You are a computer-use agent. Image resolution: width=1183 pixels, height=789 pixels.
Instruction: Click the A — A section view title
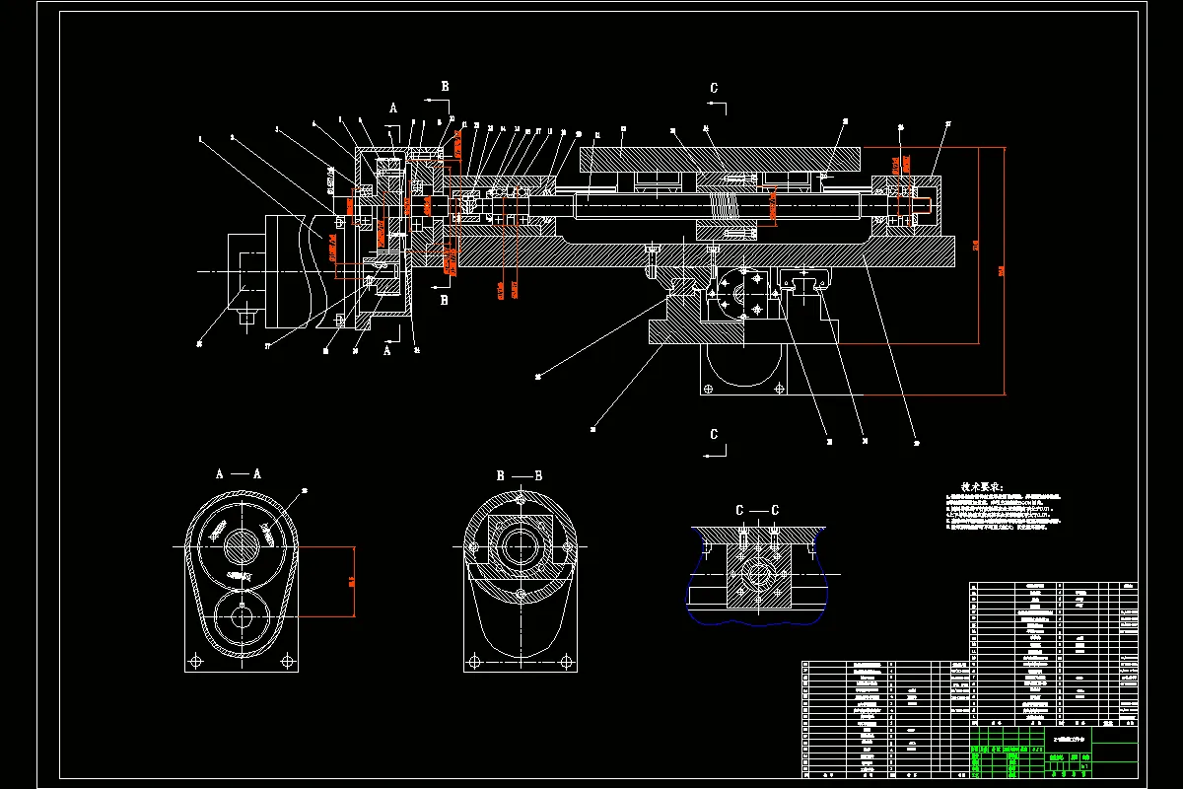click(x=238, y=473)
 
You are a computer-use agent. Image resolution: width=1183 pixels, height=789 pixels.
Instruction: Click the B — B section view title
click(x=519, y=475)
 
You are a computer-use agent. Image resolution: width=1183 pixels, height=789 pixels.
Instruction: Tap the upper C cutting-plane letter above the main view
click(x=714, y=88)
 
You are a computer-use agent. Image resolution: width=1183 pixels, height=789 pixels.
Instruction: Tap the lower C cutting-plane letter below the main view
click(x=714, y=434)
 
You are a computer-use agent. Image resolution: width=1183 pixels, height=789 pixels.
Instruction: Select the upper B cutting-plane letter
click(x=445, y=87)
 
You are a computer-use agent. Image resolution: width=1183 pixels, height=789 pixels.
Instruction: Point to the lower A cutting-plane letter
click(x=386, y=349)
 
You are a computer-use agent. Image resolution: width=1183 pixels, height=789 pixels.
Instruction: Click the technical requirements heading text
click(x=974, y=487)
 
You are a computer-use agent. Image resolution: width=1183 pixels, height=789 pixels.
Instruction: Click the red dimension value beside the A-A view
click(x=352, y=581)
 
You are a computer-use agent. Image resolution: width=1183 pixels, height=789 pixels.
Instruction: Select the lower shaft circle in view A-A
click(x=241, y=618)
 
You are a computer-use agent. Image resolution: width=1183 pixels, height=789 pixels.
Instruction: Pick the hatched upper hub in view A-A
click(x=241, y=545)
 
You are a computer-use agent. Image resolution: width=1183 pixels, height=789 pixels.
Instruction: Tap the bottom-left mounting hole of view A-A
click(x=197, y=660)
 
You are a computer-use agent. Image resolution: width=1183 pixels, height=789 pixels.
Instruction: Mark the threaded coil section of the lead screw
click(x=726, y=207)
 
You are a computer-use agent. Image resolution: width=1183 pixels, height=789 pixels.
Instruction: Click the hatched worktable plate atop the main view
click(x=720, y=158)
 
